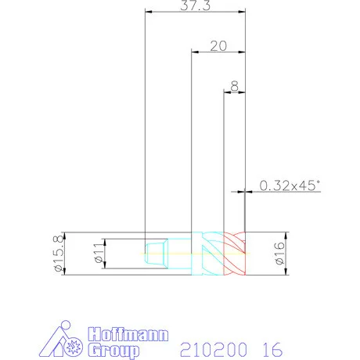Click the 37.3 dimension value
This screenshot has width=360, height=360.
(195, 5)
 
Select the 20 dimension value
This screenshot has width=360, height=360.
(218, 46)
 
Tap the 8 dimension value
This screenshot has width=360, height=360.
(235, 86)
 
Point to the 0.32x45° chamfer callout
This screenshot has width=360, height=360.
(290, 185)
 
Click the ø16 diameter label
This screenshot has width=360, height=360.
(279, 254)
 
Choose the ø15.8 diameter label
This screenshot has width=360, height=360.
(59, 254)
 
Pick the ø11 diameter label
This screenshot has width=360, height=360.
(99, 253)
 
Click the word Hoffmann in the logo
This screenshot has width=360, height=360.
(128, 334)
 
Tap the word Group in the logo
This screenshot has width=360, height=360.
(113, 351)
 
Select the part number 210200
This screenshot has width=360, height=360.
(214, 350)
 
